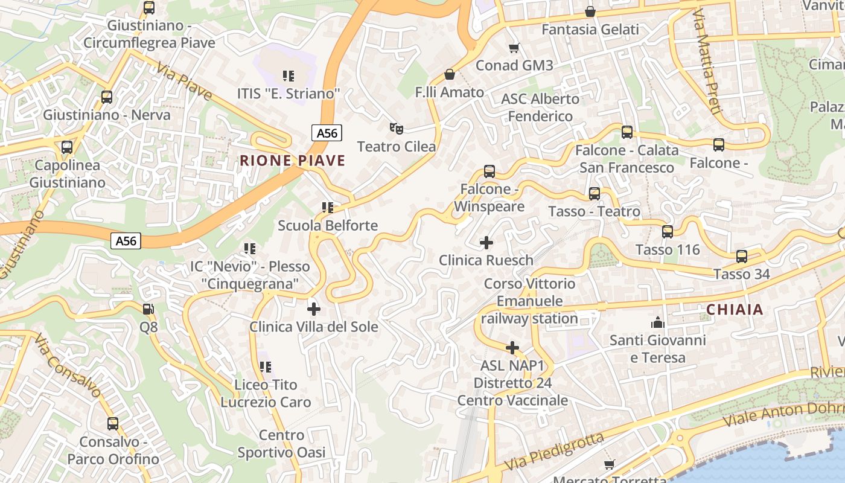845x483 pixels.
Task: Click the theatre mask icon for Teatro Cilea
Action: [396, 128]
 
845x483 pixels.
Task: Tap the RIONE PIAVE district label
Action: [293, 161]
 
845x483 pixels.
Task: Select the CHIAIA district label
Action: [735, 310]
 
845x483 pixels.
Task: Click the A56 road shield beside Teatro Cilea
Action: [327, 133]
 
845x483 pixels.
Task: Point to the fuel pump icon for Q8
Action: [148, 309]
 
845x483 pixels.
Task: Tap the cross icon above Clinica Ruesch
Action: [486, 243]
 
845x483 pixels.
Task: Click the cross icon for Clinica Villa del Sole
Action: [313, 309]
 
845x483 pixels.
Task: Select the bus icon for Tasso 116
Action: [667, 232]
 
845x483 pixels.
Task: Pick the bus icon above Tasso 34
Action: [741, 257]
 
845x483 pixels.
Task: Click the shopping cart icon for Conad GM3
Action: [514, 48]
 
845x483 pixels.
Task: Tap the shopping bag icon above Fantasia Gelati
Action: [590, 11]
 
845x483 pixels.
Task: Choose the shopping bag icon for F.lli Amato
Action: [449, 74]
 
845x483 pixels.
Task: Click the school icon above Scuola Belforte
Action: [327, 208]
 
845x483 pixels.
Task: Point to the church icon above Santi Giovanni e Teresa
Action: [657, 322]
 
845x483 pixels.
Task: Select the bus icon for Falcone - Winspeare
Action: [489, 171]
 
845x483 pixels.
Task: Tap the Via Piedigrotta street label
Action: [554, 452]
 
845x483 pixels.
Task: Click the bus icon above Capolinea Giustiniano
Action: [66, 147]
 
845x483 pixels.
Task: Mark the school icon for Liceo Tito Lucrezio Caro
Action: [265, 366]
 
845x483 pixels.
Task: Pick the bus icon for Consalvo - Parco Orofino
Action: [112, 424]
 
